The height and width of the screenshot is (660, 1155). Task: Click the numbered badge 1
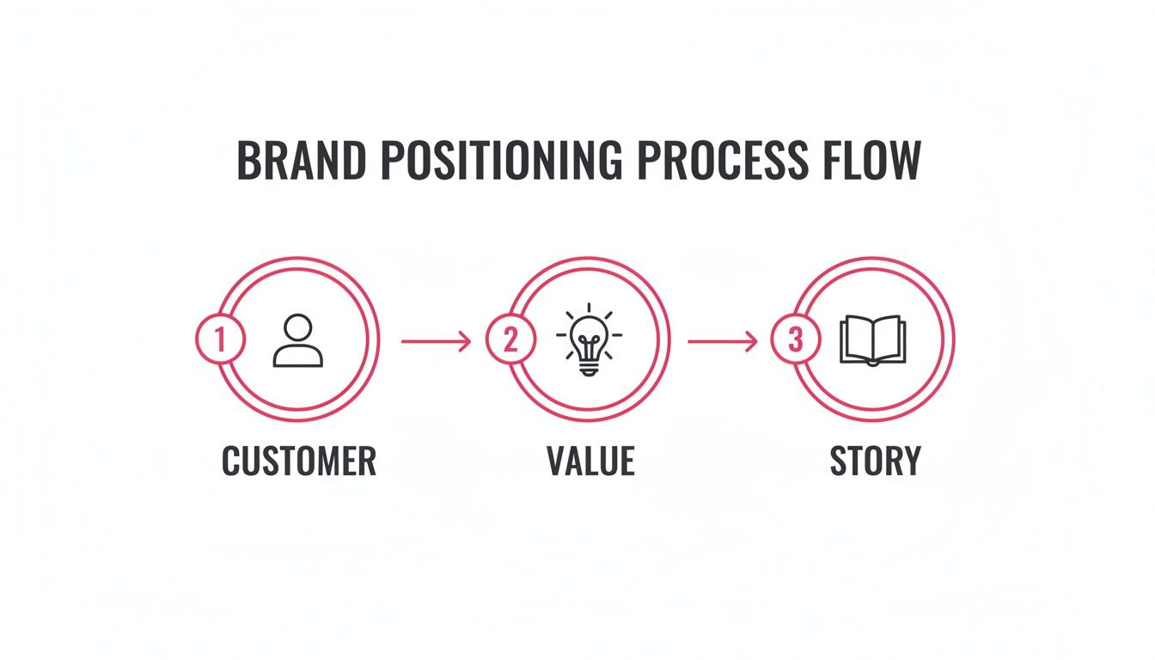(x=221, y=340)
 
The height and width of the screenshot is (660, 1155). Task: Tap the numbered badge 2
(x=510, y=340)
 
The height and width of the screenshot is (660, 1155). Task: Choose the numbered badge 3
(x=796, y=340)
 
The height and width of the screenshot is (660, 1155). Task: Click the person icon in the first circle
(x=298, y=341)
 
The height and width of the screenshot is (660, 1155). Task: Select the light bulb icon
(x=590, y=340)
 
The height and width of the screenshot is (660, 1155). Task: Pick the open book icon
(x=872, y=340)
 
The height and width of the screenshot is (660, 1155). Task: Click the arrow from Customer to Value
(x=437, y=341)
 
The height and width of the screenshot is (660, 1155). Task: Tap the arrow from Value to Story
(x=723, y=341)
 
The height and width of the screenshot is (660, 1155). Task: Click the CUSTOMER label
(x=298, y=461)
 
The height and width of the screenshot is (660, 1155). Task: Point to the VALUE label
(x=590, y=461)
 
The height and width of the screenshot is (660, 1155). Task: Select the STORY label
(x=875, y=461)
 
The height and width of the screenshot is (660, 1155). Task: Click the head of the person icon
(x=298, y=327)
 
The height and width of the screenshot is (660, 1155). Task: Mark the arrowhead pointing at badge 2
(x=466, y=341)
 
